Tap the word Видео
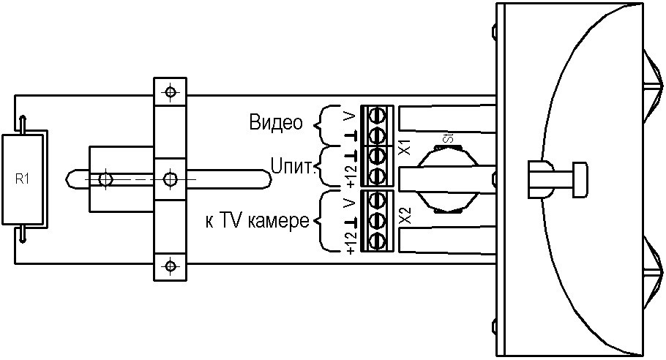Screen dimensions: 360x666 (x=276, y=122)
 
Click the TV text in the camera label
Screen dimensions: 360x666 (x=227, y=220)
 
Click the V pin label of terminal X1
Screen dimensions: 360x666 (x=351, y=116)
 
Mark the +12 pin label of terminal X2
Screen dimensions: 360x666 (x=351, y=242)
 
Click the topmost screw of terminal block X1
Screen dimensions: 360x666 (x=378, y=116)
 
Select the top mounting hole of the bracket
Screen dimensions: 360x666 (x=170, y=93)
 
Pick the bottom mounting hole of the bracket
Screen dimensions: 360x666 (x=170, y=265)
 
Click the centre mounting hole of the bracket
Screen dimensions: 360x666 (x=170, y=179)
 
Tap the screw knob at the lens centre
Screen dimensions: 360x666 (x=580, y=178)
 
